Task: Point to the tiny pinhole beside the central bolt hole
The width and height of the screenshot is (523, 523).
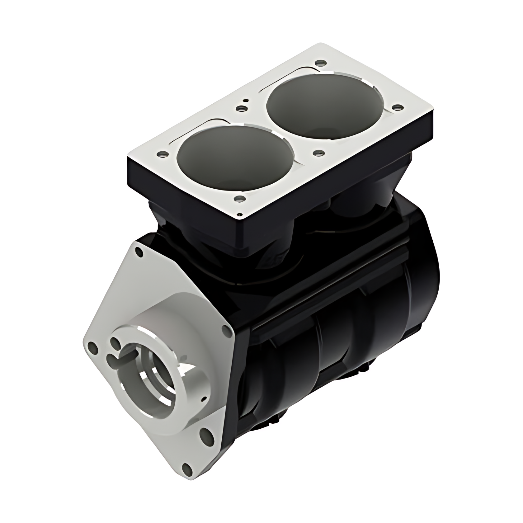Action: coord(246,100)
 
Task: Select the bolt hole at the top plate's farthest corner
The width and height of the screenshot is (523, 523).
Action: coord(318,63)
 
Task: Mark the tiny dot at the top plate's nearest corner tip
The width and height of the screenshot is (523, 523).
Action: coord(239,214)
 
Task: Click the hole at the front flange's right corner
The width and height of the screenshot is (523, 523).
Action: coord(225,331)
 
